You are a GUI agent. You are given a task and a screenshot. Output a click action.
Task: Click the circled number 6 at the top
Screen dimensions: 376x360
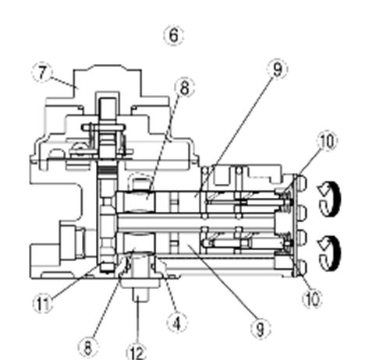(174, 35)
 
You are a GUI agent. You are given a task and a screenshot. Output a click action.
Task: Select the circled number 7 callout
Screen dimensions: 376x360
(42, 72)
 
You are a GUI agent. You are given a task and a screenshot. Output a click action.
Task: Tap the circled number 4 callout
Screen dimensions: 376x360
(177, 323)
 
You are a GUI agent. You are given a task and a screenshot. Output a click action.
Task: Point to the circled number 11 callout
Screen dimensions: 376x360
(43, 303)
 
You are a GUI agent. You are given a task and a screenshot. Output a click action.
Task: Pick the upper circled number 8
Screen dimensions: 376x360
(185, 87)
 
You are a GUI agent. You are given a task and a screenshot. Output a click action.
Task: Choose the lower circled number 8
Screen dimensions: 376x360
(88, 347)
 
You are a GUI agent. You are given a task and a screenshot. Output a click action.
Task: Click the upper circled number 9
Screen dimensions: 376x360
(278, 69)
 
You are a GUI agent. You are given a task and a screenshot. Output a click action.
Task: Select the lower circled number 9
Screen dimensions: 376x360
(261, 328)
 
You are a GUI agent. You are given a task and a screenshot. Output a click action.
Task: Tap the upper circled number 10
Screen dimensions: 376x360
(327, 141)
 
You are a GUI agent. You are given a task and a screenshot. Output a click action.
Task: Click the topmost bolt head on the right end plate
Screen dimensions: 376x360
(302, 182)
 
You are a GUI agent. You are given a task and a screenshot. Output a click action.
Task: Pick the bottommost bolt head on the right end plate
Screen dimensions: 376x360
(302, 267)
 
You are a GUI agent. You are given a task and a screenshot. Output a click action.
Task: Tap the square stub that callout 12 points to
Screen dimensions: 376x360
(140, 295)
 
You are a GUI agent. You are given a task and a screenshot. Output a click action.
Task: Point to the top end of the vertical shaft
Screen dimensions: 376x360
(108, 99)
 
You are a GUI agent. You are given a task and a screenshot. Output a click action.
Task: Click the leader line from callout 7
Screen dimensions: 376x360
(62, 81)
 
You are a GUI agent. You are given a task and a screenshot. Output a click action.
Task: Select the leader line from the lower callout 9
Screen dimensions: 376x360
(222, 282)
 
